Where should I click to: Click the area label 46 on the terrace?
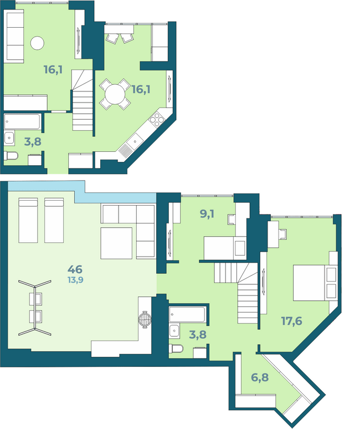(x=75, y=269)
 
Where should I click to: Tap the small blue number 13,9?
(x=75, y=280)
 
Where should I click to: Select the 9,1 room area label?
(x=207, y=214)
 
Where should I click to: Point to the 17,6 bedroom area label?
(x=292, y=321)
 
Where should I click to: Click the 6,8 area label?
(x=260, y=377)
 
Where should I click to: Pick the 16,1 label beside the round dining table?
(x=141, y=89)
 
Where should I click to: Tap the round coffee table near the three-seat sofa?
(x=37, y=43)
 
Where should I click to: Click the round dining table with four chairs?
(x=115, y=94)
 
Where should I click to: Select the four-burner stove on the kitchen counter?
(x=157, y=120)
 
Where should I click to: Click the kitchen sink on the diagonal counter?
(x=135, y=141)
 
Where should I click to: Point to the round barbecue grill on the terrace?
(x=145, y=319)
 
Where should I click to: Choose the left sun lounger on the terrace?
(x=28, y=220)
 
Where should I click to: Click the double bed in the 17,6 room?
(x=315, y=282)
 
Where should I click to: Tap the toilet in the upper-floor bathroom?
(x=11, y=156)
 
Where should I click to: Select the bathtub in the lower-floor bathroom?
(x=187, y=314)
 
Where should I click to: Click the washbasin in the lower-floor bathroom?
(x=174, y=331)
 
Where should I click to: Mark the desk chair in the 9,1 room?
(x=232, y=219)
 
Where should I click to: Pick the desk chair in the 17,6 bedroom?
(x=283, y=234)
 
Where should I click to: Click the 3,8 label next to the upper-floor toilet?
(x=33, y=142)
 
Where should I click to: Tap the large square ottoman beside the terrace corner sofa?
(x=116, y=243)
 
